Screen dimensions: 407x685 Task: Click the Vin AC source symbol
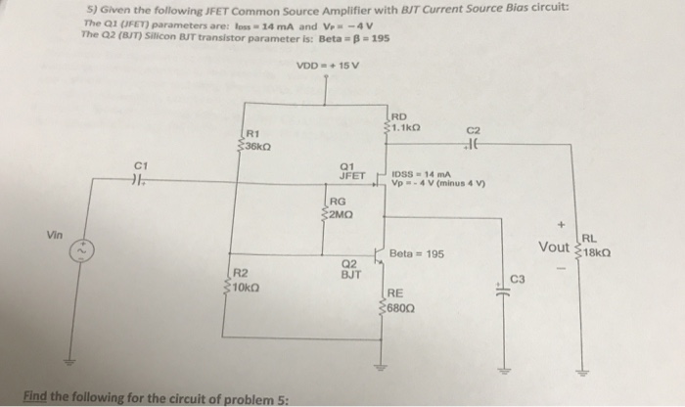pos(72,253)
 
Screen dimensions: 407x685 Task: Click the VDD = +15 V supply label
pos(327,66)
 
